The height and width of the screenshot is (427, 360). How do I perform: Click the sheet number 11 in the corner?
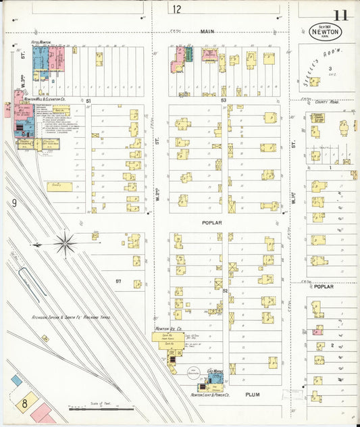point(340,14)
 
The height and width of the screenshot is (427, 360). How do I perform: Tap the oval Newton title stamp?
point(326,32)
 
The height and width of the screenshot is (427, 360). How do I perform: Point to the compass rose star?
point(66,244)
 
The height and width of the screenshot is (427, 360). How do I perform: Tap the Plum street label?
point(252,394)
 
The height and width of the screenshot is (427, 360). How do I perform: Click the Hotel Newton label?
point(41,42)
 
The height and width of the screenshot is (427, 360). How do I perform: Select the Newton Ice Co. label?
point(166,328)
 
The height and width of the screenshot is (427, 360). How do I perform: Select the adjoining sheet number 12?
point(177,9)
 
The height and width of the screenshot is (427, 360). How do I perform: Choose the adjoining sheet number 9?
point(13,203)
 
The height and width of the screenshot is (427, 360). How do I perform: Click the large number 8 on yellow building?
point(24,403)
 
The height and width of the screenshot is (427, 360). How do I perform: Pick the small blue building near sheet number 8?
point(16,380)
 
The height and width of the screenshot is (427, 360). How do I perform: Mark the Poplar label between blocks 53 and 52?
point(211,222)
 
